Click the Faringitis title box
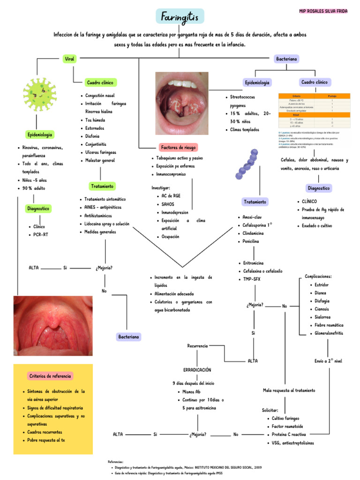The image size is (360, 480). pyautogui.click(x=180, y=17)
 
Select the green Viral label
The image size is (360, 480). pyautogui.click(x=69, y=59)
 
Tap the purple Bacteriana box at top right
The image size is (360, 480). pyautogui.click(x=287, y=59)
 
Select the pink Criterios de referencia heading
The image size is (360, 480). pyautogui.click(x=50, y=376)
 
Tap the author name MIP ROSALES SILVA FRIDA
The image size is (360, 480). pyautogui.click(x=323, y=10)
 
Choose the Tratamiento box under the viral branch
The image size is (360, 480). pyautogui.click(x=102, y=186)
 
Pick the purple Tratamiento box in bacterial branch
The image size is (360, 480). pyautogui.click(x=255, y=202)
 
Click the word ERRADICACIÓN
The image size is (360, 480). pyautogui.click(x=197, y=370)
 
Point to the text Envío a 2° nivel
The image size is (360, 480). pyautogui.click(x=329, y=361)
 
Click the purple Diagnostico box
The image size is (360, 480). pyautogui.click(x=319, y=188)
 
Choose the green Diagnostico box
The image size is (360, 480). pyautogui.click(x=38, y=208)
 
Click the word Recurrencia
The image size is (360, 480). pyautogui.click(x=197, y=346)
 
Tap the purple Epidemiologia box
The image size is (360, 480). pyautogui.click(x=257, y=82)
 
